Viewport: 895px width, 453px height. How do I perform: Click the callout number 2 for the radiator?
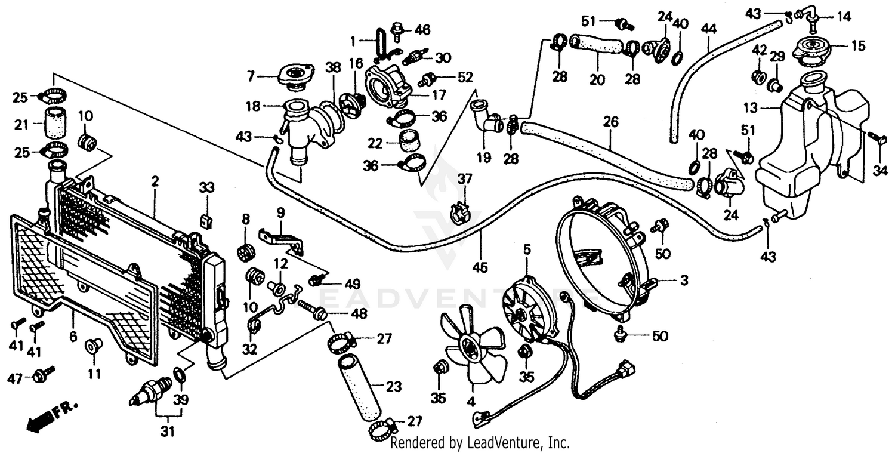(154, 182)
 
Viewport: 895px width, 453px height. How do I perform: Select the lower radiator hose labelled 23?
(360, 387)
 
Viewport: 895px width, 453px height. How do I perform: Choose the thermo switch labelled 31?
(151, 391)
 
